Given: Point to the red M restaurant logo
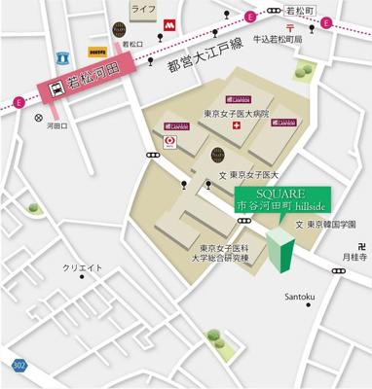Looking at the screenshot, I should pos(169,19).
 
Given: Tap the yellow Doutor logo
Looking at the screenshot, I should pos(97,47).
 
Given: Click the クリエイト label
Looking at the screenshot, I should pos(83,268).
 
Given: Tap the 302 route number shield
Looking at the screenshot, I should pos(19,364).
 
